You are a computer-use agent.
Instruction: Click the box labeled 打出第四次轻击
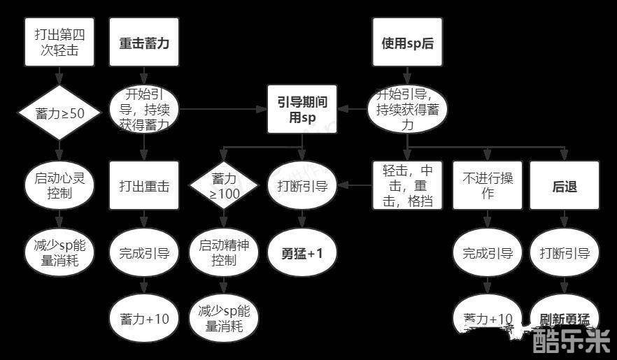coord(59,42)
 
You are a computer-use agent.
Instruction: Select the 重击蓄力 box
coord(144,42)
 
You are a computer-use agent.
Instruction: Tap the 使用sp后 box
coord(407,42)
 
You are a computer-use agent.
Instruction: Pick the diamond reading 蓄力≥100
coord(224,185)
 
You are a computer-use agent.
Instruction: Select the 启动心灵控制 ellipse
coord(59,185)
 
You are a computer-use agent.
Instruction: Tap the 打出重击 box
coord(144,185)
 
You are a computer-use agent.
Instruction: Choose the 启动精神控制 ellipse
coord(224,252)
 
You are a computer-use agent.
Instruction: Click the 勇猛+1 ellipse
coord(303,252)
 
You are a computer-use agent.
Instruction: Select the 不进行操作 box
coord(488,185)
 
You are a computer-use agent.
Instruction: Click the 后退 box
coord(565,185)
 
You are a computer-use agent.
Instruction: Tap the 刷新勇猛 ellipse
coord(565,319)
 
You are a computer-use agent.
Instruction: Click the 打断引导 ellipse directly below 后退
coord(565,252)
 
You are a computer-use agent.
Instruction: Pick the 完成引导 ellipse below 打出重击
coord(144,252)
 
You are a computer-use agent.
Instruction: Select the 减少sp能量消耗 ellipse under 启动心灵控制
coord(59,252)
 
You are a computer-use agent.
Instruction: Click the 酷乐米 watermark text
coord(571,343)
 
